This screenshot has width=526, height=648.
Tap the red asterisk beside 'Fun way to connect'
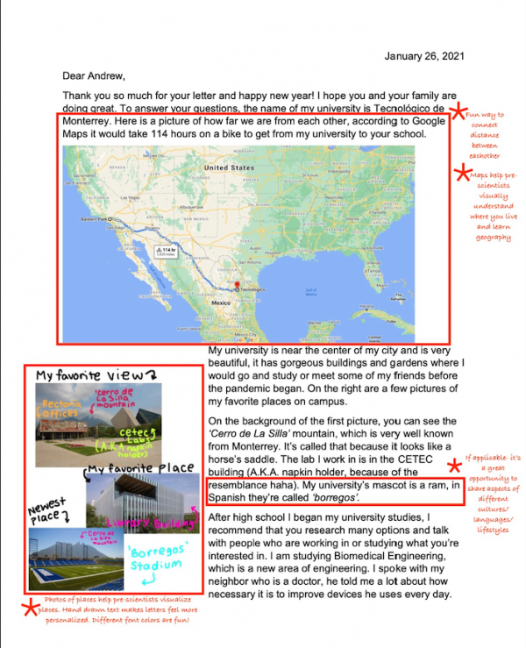click(458, 110)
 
